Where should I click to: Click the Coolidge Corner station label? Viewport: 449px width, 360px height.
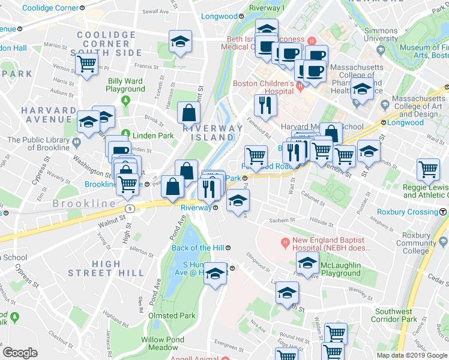point(50,8)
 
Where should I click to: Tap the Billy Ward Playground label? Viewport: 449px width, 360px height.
point(125,85)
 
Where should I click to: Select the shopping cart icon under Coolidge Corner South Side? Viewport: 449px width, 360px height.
point(87,62)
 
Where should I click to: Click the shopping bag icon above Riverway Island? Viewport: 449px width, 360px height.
point(189,112)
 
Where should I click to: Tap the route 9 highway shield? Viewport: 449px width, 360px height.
point(129,208)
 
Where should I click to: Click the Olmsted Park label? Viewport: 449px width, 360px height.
point(171,316)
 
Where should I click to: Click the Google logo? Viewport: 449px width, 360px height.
point(20,353)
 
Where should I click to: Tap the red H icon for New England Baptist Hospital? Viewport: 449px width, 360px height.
point(286,242)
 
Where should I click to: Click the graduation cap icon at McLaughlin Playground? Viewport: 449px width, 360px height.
point(307,263)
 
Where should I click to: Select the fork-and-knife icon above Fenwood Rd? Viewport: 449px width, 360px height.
point(265,106)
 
